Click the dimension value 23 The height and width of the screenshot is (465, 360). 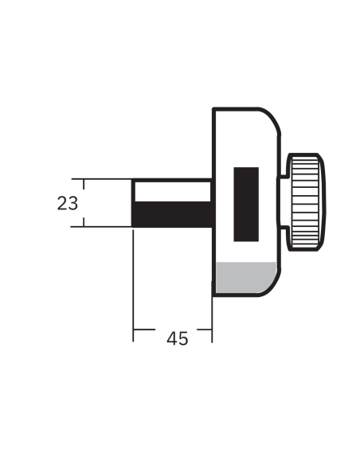click(68, 203)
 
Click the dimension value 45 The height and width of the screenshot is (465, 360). click(177, 338)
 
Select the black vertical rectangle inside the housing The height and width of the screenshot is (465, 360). click(246, 204)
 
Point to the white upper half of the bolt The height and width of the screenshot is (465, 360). click(172, 192)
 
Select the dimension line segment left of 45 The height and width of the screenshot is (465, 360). click(147, 328)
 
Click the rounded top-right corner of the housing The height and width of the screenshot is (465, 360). click(274, 116)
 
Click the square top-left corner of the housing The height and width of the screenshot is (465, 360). click(213, 108)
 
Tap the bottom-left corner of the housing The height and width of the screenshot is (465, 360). click(213, 295)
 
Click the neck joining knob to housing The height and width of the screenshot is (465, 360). click(282, 203)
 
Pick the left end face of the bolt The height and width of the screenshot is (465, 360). click(133, 203)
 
